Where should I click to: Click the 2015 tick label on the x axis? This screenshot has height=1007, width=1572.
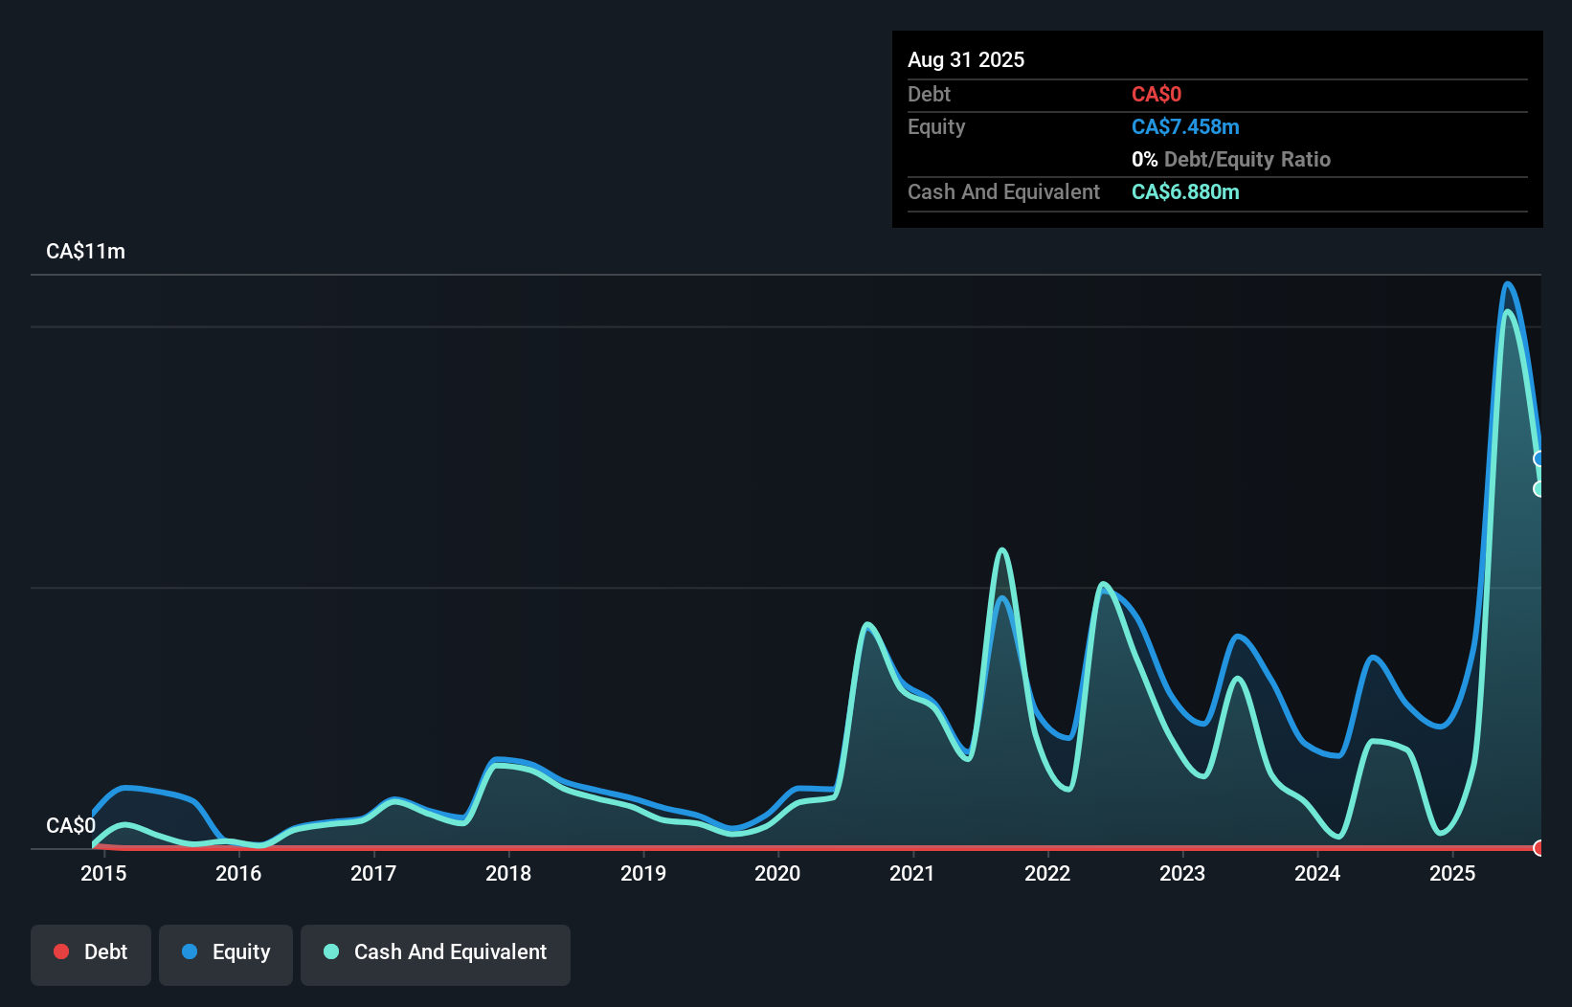[103, 873]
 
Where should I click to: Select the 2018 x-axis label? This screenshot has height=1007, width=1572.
[507, 873]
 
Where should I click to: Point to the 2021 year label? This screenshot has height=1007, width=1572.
[911, 873]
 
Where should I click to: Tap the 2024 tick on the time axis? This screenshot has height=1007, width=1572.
[1316, 873]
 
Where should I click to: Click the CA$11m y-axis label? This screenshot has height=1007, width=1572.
[85, 252]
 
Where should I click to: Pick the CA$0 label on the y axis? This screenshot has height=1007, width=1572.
[70, 825]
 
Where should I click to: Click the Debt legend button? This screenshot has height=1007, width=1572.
[91, 952]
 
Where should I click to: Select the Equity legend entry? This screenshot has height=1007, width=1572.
[226, 952]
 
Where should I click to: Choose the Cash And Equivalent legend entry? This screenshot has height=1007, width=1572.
[436, 952]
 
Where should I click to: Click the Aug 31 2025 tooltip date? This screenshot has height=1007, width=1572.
[965, 59]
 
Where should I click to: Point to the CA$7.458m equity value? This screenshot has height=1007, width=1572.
[1184, 127]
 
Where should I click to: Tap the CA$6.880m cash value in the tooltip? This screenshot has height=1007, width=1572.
[1184, 192]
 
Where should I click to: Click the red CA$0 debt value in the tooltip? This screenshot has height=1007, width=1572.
[1156, 95]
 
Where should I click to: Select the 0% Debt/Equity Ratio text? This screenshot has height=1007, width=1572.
[1230, 160]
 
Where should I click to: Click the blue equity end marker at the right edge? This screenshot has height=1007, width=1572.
[1539, 459]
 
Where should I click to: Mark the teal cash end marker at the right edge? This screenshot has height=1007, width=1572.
[1539, 489]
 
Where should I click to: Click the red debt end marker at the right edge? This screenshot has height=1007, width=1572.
[1539, 848]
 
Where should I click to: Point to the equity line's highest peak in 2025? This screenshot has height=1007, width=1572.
[1508, 283]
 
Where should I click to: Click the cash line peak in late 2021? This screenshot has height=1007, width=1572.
[1001, 549]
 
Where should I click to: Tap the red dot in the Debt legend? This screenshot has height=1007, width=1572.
[61, 951]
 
